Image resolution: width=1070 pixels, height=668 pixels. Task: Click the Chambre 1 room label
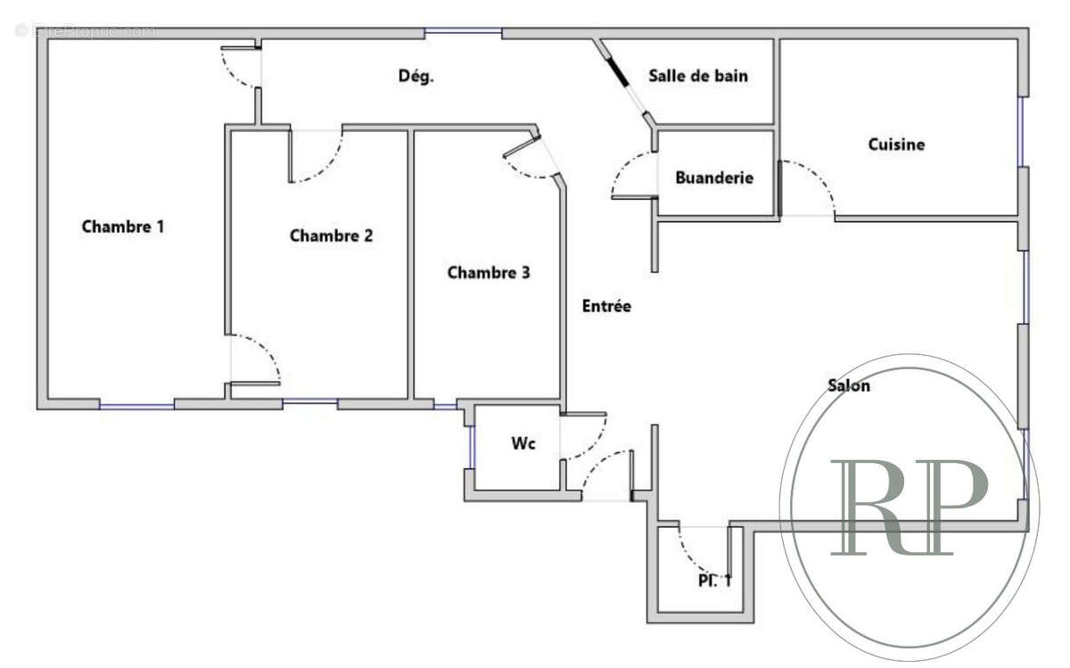[123, 227]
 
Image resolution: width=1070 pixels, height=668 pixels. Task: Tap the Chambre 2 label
[331, 236]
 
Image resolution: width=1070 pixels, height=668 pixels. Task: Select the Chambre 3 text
[488, 273]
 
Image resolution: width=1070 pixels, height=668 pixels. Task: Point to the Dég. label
[416, 77]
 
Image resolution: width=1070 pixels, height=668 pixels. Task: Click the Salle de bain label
[698, 76]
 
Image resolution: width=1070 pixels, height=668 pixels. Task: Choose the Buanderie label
[713, 177]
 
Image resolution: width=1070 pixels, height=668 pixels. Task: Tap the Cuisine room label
[896, 144]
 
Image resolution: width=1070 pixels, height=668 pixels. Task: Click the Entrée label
[606, 306]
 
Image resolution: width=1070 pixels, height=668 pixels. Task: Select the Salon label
[849, 386]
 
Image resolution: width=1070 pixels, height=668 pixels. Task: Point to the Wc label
[523, 443]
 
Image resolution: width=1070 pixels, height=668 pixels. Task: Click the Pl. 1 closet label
[714, 581]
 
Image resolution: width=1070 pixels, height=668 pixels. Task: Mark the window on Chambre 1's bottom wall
[136, 406]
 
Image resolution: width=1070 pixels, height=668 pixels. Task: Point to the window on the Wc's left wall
[471, 447]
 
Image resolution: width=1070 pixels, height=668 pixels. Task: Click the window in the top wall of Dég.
[463, 34]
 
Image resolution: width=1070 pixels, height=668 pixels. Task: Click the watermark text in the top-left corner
[85, 30]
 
